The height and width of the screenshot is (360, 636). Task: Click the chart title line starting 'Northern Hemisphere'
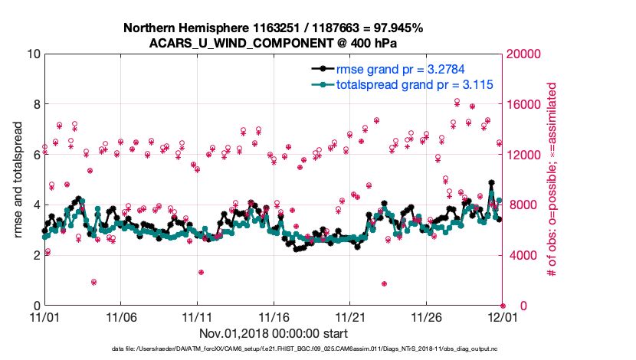273,28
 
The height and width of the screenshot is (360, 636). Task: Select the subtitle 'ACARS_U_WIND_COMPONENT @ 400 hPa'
273,42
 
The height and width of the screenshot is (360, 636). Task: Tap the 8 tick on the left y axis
34,104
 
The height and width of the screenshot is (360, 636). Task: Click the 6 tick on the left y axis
34,155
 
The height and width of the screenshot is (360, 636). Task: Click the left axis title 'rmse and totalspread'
18,180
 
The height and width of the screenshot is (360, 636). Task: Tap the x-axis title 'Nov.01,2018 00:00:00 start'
274,334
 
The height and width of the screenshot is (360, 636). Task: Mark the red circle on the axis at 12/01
503,306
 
